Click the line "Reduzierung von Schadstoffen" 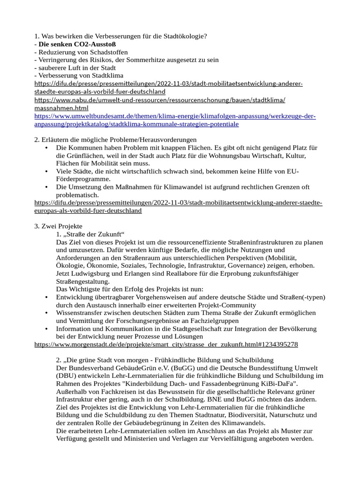click(x=83, y=52)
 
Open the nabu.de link click(x=160, y=100)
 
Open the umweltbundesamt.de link click(x=175, y=116)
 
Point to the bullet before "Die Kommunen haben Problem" click(x=46, y=148)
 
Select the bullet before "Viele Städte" click(x=46, y=172)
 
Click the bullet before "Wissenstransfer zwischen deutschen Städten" click(x=46, y=313)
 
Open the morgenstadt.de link click(x=166, y=345)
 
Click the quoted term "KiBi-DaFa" click(x=280, y=383)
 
